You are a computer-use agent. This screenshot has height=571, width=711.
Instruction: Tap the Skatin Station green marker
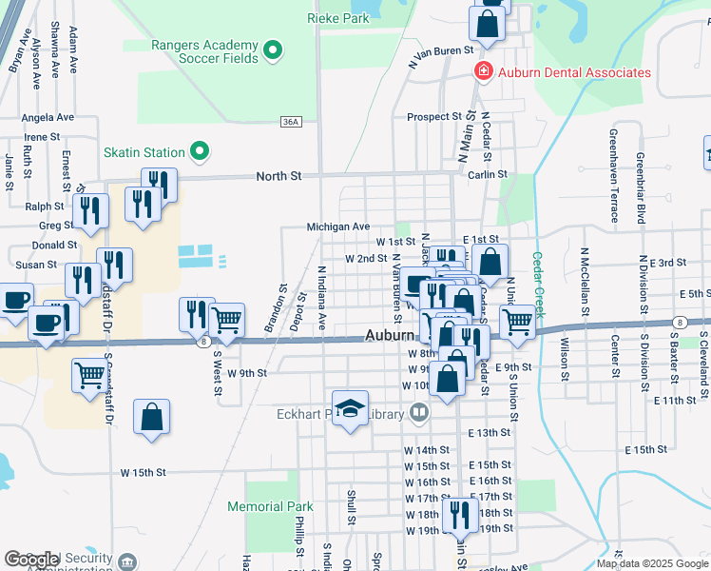(200, 151)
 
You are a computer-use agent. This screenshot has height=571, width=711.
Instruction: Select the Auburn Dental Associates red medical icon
(483, 72)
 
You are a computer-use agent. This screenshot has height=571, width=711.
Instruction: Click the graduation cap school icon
(351, 408)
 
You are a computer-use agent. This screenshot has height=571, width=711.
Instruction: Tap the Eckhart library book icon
(419, 413)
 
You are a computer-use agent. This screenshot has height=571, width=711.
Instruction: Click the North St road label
(279, 176)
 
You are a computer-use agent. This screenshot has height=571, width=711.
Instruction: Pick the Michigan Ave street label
(337, 226)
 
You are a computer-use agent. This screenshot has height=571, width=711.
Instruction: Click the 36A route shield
(291, 122)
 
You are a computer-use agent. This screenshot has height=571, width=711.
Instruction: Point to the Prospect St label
(434, 117)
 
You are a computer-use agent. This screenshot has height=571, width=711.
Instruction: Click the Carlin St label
(489, 175)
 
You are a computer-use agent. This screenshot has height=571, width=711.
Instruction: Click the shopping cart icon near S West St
(226, 321)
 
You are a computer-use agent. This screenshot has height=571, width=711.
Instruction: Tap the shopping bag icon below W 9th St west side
(151, 417)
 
